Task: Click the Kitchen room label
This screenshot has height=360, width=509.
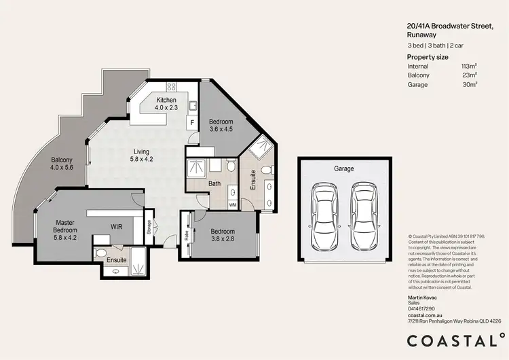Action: tap(166, 103)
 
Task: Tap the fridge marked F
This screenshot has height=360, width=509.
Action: tap(192, 123)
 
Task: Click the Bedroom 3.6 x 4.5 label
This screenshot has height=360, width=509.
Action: tap(221, 125)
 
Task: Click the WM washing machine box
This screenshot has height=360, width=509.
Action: tap(233, 204)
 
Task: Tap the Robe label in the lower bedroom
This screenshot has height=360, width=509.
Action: tap(187, 236)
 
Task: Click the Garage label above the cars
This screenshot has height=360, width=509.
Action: tap(343, 168)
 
